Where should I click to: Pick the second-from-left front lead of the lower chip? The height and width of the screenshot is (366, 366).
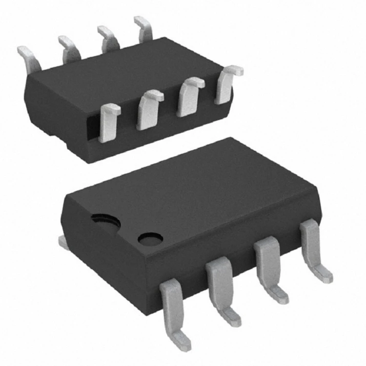tap(222, 288)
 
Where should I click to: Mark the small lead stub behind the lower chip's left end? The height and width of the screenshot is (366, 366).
tap(62, 241)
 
